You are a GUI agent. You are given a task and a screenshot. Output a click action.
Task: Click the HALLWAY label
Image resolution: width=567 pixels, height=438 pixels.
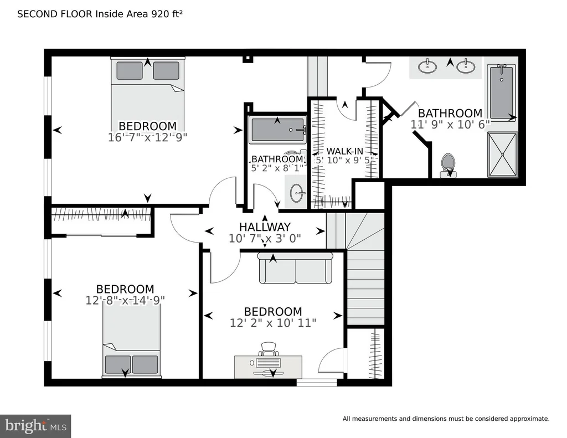tap(265, 227)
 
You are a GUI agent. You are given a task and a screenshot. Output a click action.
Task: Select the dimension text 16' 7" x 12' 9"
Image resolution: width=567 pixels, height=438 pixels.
tap(147, 137)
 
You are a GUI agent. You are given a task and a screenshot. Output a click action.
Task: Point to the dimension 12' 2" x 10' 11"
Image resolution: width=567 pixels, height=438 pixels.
tap(273, 323)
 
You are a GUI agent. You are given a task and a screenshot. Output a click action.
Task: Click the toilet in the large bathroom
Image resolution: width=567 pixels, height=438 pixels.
tap(449, 166)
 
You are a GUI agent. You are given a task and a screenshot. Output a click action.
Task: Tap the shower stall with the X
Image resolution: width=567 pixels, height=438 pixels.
tap(502, 154)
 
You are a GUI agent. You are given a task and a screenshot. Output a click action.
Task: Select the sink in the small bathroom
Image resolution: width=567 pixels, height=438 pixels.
tap(297, 192)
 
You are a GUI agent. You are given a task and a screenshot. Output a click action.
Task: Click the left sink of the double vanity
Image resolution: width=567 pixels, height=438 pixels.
tap(427, 66)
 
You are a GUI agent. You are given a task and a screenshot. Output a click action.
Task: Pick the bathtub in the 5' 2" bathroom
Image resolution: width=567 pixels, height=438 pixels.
tap(278, 130)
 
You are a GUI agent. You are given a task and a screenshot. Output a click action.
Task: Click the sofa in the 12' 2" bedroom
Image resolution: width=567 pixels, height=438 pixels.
tap(295, 268)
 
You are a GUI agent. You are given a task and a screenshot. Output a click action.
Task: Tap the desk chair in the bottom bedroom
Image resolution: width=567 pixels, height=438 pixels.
tap(269, 349)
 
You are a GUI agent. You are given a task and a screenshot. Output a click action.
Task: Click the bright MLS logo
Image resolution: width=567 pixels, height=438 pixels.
tap(35, 426)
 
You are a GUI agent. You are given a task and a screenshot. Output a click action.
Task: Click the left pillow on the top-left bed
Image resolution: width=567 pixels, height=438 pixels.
tap(130, 70)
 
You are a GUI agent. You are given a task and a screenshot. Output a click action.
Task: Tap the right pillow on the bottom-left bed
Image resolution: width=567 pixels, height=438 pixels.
tap(145, 364)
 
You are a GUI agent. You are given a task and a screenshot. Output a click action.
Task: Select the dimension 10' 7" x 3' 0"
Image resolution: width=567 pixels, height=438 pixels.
tap(265, 239)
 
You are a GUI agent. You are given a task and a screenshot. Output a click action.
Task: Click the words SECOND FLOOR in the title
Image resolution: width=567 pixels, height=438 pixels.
tap(55, 14)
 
